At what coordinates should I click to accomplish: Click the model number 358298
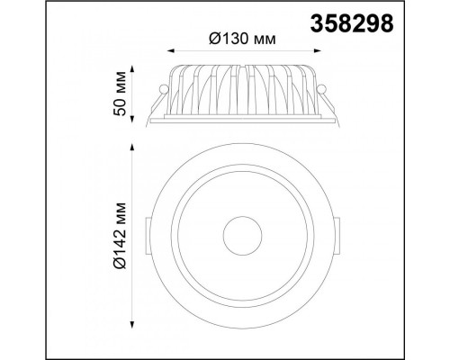point(352,23)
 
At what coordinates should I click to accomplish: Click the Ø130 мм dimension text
point(242,39)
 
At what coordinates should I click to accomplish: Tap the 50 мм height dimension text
point(120,94)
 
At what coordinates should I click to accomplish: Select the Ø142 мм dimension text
point(120,236)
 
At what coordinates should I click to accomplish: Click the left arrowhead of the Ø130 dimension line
point(171,50)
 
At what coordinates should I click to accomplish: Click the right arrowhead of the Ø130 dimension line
point(318,50)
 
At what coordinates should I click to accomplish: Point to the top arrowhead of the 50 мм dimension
point(131,69)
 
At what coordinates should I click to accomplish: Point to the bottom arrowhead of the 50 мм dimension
point(131,119)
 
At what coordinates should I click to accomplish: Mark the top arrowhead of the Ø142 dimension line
point(131,148)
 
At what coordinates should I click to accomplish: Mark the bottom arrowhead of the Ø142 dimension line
point(131,325)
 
